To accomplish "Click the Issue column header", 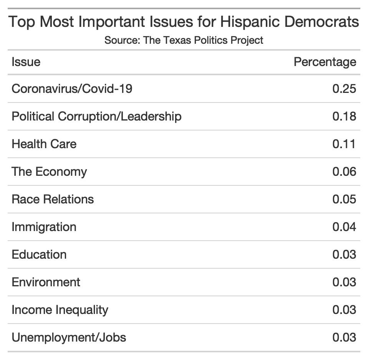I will click(x=26, y=62).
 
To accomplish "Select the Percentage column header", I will click(x=325, y=62).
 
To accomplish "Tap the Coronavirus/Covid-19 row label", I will click(x=72, y=89).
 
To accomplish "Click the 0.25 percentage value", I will click(x=344, y=89).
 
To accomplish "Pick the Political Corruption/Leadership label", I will click(x=96, y=116).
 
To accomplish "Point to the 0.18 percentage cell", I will click(x=344, y=116).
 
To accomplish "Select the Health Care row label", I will click(x=44, y=144).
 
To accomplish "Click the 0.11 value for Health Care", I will click(x=344, y=144).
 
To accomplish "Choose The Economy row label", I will click(x=49, y=172).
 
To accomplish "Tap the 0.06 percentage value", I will click(x=344, y=172).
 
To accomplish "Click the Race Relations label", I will click(x=53, y=199).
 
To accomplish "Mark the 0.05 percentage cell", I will click(x=344, y=199).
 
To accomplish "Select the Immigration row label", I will click(x=44, y=227).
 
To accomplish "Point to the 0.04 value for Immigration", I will click(x=344, y=227).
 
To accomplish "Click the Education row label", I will click(x=39, y=254).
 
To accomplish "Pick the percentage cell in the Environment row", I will click(x=344, y=282).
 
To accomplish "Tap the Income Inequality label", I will click(x=60, y=310).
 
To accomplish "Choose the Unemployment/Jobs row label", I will click(x=69, y=337).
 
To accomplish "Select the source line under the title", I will click(x=184, y=40).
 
